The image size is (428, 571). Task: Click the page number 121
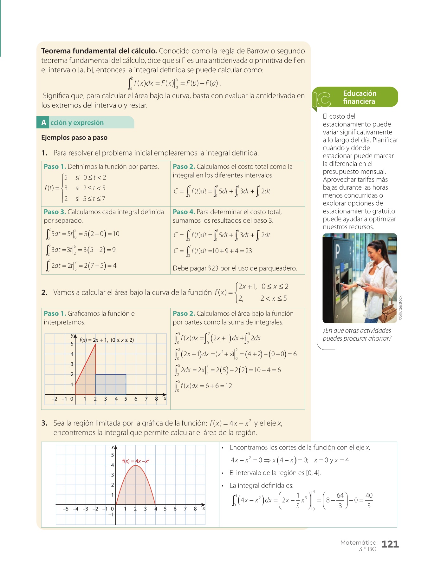tap(390, 544)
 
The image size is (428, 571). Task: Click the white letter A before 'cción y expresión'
tap(43, 123)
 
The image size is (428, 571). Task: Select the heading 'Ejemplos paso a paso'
tap(74, 137)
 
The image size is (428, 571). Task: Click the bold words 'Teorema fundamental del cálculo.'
tap(99, 51)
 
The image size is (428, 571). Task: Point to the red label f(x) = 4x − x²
tap(136, 461)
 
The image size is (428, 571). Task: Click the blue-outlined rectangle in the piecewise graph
tap(111, 384)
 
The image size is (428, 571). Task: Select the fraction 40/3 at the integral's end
tap(369, 500)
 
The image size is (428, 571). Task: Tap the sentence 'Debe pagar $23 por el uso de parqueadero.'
tap(235, 268)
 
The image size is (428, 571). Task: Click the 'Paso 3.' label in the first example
tap(55, 212)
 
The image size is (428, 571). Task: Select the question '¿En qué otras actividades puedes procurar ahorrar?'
tap(357, 334)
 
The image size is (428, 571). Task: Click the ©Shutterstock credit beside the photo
tap(400, 308)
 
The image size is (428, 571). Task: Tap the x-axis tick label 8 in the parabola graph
tap(195, 509)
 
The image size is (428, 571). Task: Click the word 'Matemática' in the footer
tap(358, 542)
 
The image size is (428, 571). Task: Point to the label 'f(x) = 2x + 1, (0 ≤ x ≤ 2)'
tap(107, 340)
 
